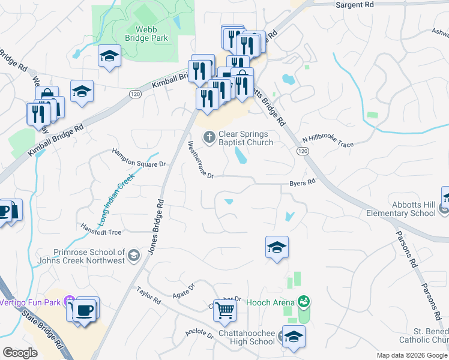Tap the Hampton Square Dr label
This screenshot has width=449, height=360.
[x=139, y=157]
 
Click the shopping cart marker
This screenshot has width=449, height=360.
[x=224, y=311]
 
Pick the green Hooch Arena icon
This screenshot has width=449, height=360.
[x=304, y=302]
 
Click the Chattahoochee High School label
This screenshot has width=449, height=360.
[x=240, y=338]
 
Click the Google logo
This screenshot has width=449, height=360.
[x=20, y=352]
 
